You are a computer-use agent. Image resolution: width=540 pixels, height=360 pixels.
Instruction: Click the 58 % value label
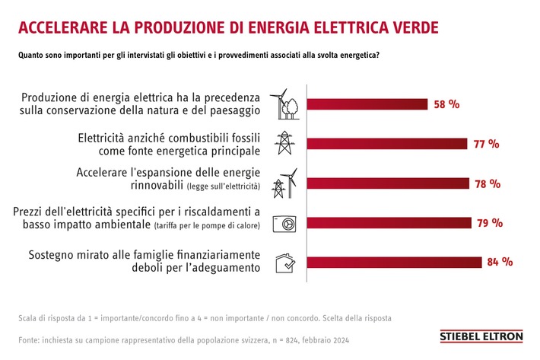[x=446, y=105]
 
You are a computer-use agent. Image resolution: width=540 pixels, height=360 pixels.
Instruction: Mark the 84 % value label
[x=499, y=262]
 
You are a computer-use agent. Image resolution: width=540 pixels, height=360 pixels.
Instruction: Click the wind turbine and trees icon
[x=284, y=105]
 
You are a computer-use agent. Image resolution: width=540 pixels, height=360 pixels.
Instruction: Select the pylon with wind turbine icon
[x=284, y=183]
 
